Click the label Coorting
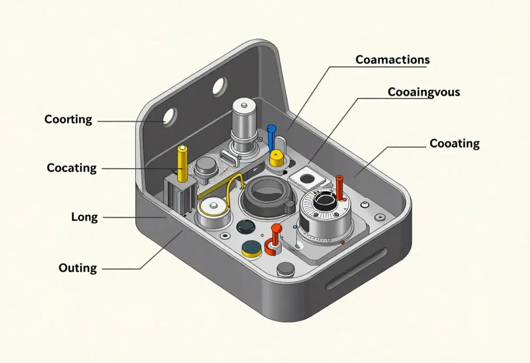click(68, 119)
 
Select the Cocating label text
click(72, 168)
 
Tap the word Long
click(84, 217)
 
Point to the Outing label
click(78, 268)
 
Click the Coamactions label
click(393, 59)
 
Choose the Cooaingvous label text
click(423, 92)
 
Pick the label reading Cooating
click(454, 143)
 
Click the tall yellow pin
click(182, 163)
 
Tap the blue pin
click(272, 137)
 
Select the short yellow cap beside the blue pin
click(276, 158)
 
